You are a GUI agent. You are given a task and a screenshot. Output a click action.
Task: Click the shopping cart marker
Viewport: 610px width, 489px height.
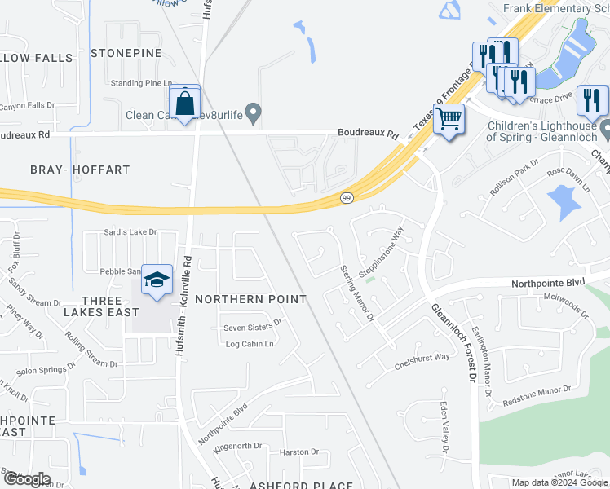point(449,119)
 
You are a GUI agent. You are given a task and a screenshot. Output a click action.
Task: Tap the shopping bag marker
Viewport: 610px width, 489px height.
point(185,103)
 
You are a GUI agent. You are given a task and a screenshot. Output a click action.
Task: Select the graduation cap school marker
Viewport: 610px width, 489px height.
point(157,281)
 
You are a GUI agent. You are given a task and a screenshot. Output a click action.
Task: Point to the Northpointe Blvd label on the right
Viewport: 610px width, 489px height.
point(548,283)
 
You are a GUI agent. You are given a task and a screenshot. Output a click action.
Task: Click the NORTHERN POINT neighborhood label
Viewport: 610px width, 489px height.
point(250,299)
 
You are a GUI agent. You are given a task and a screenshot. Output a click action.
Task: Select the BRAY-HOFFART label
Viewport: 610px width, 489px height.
point(80,170)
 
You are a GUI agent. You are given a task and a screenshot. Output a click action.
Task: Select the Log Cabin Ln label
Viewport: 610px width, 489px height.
point(249,344)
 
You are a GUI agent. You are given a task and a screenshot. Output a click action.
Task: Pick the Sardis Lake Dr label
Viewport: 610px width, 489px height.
point(130,232)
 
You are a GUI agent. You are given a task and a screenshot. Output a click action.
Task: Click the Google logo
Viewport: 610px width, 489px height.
point(27,478)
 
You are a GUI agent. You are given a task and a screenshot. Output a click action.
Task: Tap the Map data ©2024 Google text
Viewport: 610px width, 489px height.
point(559,482)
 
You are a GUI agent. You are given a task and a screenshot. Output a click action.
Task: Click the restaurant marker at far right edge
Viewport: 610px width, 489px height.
point(592,101)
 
